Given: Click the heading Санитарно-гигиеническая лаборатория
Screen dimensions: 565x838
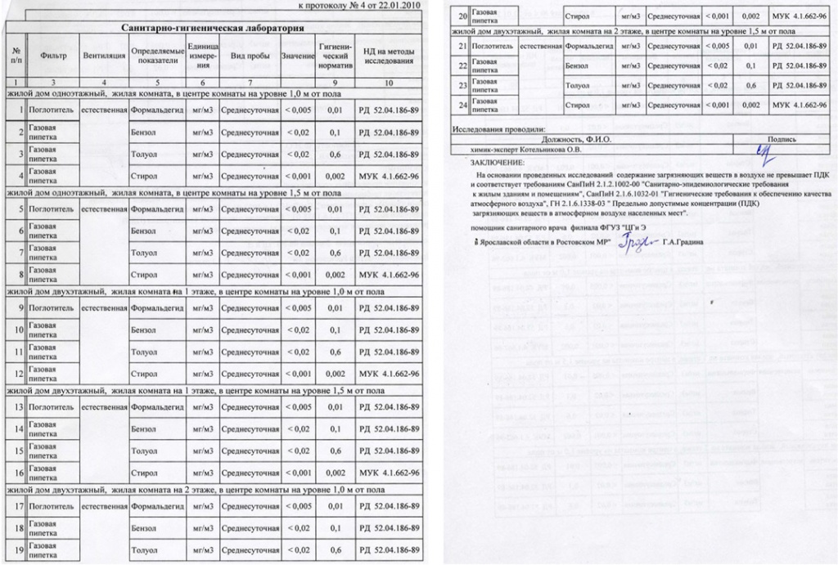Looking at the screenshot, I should pos(213,28).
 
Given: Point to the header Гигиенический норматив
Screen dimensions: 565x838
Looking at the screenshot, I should pos(335,56).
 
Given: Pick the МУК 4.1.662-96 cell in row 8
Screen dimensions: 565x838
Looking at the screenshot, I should pos(390,275).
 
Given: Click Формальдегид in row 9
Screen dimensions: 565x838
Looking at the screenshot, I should pos(155,308).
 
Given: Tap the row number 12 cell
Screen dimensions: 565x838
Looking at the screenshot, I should pos(16,374).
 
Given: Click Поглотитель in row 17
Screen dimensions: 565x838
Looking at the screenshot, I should pos(52,506).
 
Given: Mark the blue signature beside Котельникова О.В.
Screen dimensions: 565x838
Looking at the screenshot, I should pos(763,152).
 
